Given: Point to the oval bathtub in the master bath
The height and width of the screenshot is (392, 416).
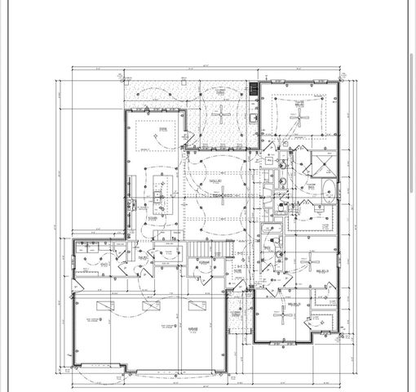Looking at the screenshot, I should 330,194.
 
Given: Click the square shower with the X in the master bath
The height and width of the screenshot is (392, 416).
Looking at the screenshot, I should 322,165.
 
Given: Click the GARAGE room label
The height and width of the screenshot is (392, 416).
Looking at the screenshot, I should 193,329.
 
